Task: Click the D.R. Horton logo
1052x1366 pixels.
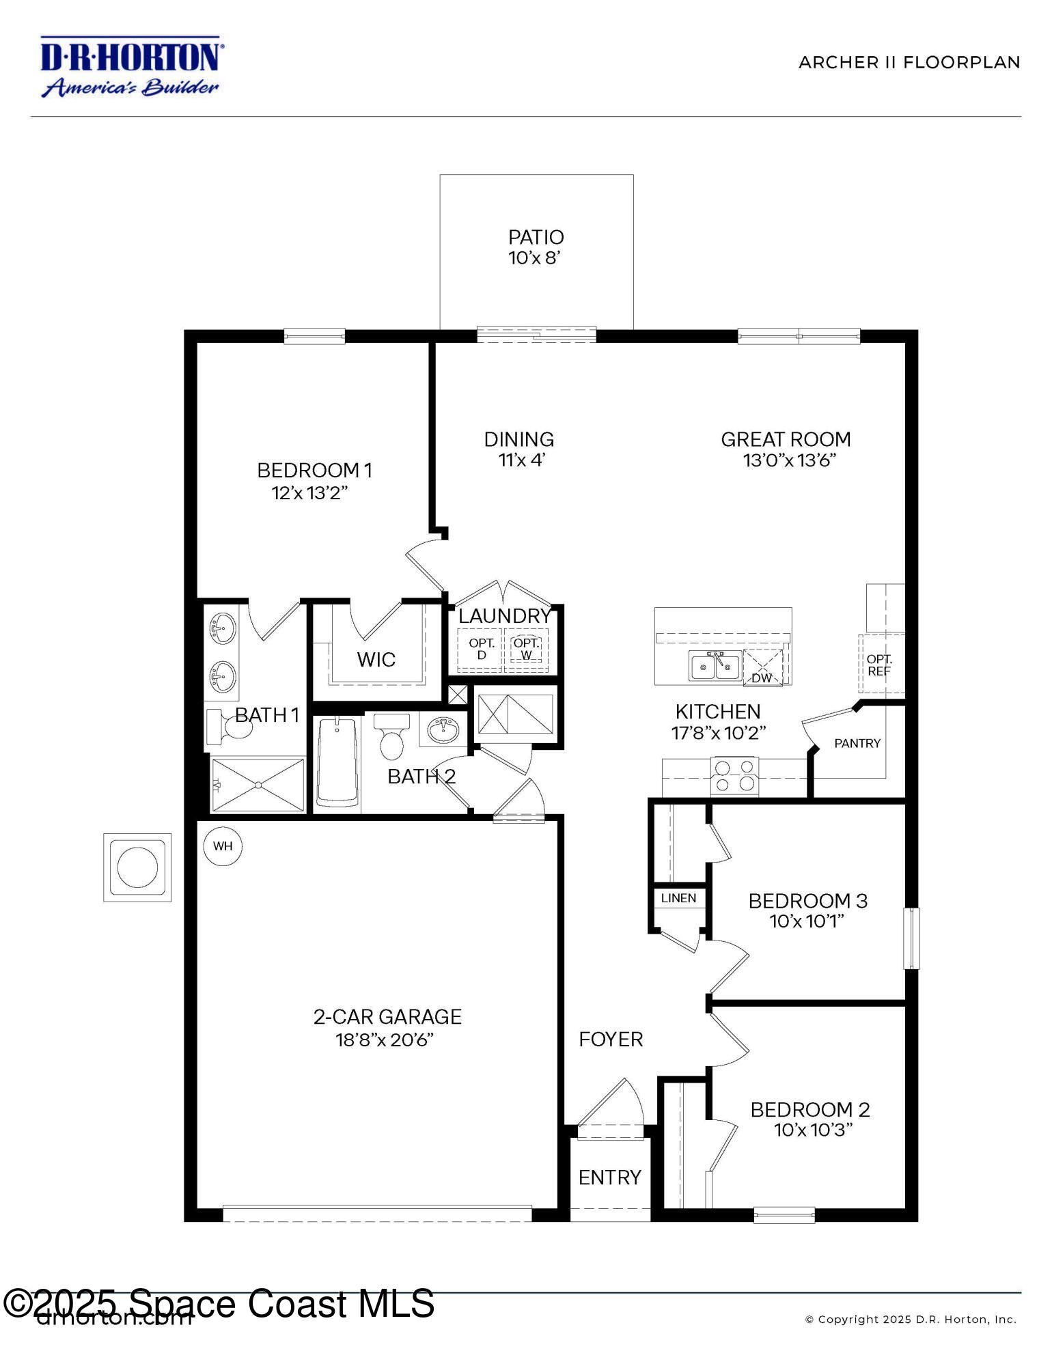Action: pos(130,67)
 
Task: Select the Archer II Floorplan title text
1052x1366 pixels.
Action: pos(909,63)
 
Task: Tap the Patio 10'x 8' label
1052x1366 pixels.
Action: pos(536,247)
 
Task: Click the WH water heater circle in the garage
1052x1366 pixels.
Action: pos(223,846)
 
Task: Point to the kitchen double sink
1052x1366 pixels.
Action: pos(715,665)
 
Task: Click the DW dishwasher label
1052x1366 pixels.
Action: pos(761,678)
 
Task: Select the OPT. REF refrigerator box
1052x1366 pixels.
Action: pos(880,665)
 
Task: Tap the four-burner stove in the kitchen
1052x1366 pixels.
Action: pos(734,775)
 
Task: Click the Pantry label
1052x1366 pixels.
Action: pos(857,743)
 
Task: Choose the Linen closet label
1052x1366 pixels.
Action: pos(678,898)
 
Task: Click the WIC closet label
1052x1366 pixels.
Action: pos(376,660)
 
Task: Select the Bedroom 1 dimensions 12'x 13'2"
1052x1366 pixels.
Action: pos(310,493)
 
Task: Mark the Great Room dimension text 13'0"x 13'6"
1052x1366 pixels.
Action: pos(790,460)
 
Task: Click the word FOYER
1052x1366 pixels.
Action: pos(611,1040)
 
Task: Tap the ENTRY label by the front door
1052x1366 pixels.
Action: pos(609,1177)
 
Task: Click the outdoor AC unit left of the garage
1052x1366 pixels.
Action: pos(137,867)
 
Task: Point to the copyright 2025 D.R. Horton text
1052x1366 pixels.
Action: pos(911,1320)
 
